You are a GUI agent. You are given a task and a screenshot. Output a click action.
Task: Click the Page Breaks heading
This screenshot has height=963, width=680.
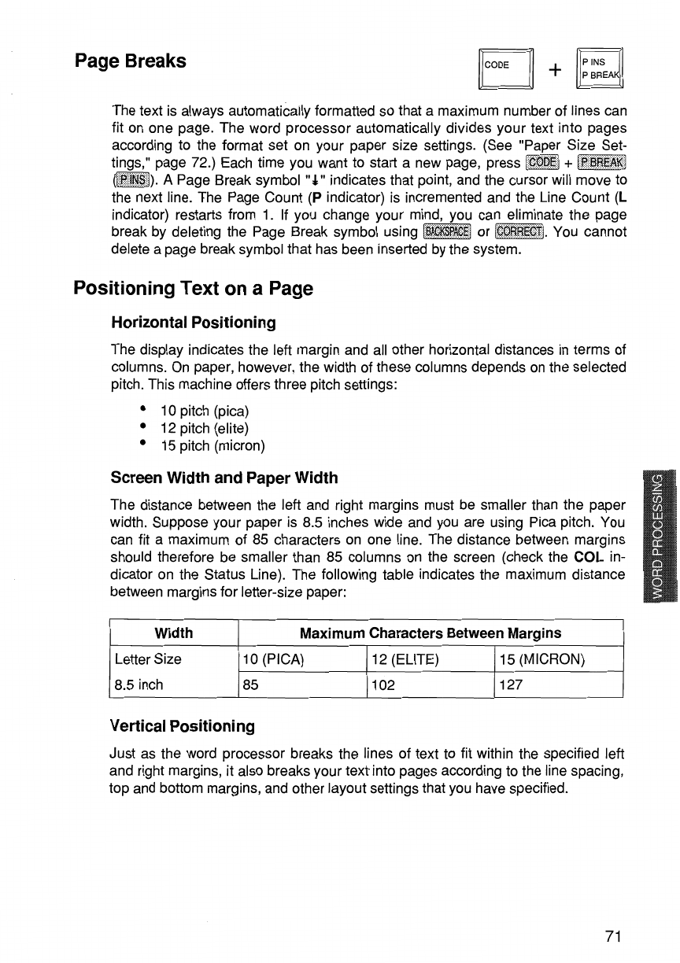pyautogui.click(x=131, y=61)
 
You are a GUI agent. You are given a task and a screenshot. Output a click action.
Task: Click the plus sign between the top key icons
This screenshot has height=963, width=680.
pyautogui.click(x=556, y=68)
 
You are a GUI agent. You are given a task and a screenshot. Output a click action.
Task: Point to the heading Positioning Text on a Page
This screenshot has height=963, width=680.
pyautogui.click(x=193, y=289)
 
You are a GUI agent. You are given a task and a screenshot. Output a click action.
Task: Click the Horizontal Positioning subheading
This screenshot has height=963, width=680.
pyautogui.click(x=193, y=323)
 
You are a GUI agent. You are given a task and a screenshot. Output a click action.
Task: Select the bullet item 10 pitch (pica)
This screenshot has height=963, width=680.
pyautogui.click(x=205, y=411)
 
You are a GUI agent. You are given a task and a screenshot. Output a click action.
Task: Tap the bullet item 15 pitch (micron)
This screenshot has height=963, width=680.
pyautogui.click(x=213, y=446)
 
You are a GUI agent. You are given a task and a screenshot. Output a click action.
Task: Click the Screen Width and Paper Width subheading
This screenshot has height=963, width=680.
pyautogui.click(x=224, y=478)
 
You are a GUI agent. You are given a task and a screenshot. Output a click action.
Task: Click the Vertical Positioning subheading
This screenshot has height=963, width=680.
pyautogui.click(x=183, y=725)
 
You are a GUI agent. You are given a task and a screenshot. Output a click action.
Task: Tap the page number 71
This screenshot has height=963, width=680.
pyautogui.click(x=615, y=935)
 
